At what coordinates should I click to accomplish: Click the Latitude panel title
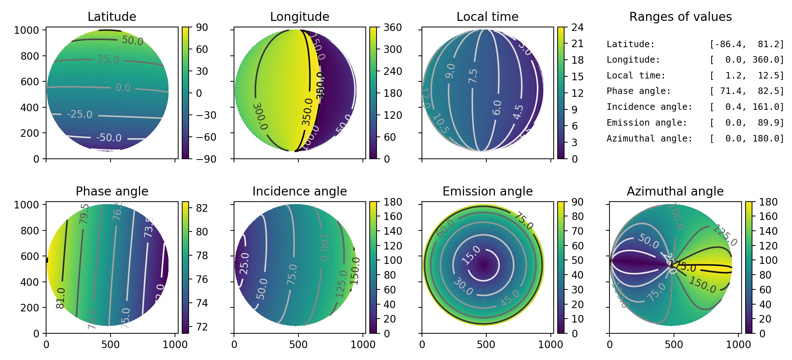pyautogui.click(x=112, y=17)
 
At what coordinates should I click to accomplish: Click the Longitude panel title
pyautogui.click(x=300, y=17)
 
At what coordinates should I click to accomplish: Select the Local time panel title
pyautogui.click(x=487, y=17)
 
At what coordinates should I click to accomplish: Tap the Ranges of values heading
pyautogui.click(x=680, y=17)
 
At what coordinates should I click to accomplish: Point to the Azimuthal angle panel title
pyautogui.click(x=675, y=191)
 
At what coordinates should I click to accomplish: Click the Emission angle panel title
pyautogui.click(x=487, y=191)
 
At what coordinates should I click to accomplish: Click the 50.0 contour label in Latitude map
pyautogui.click(x=132, y=40)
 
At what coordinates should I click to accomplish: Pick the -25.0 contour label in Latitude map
pyautogui.click(x=80, y=114)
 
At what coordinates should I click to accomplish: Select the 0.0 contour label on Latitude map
pyautogui.click(x=123, y=87)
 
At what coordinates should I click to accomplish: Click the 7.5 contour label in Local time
pyautogui.click(x=473, y=76)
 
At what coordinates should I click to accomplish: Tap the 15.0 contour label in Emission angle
pyautogui.click(x=471, y=255)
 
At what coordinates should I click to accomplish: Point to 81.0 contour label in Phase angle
pyautogui.click(x=61, y=298)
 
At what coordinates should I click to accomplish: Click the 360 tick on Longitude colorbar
pyautogui.click(x=392, y=27)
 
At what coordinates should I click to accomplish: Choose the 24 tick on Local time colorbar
pyautogui.click(x=577, y=27)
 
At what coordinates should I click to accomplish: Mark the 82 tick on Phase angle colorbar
pyautogui.click(x=202, y=208)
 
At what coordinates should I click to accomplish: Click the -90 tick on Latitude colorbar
pyautogui.click(x=206, y=159)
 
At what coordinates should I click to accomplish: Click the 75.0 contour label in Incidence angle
pyautogui.click(x=292, y=274)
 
